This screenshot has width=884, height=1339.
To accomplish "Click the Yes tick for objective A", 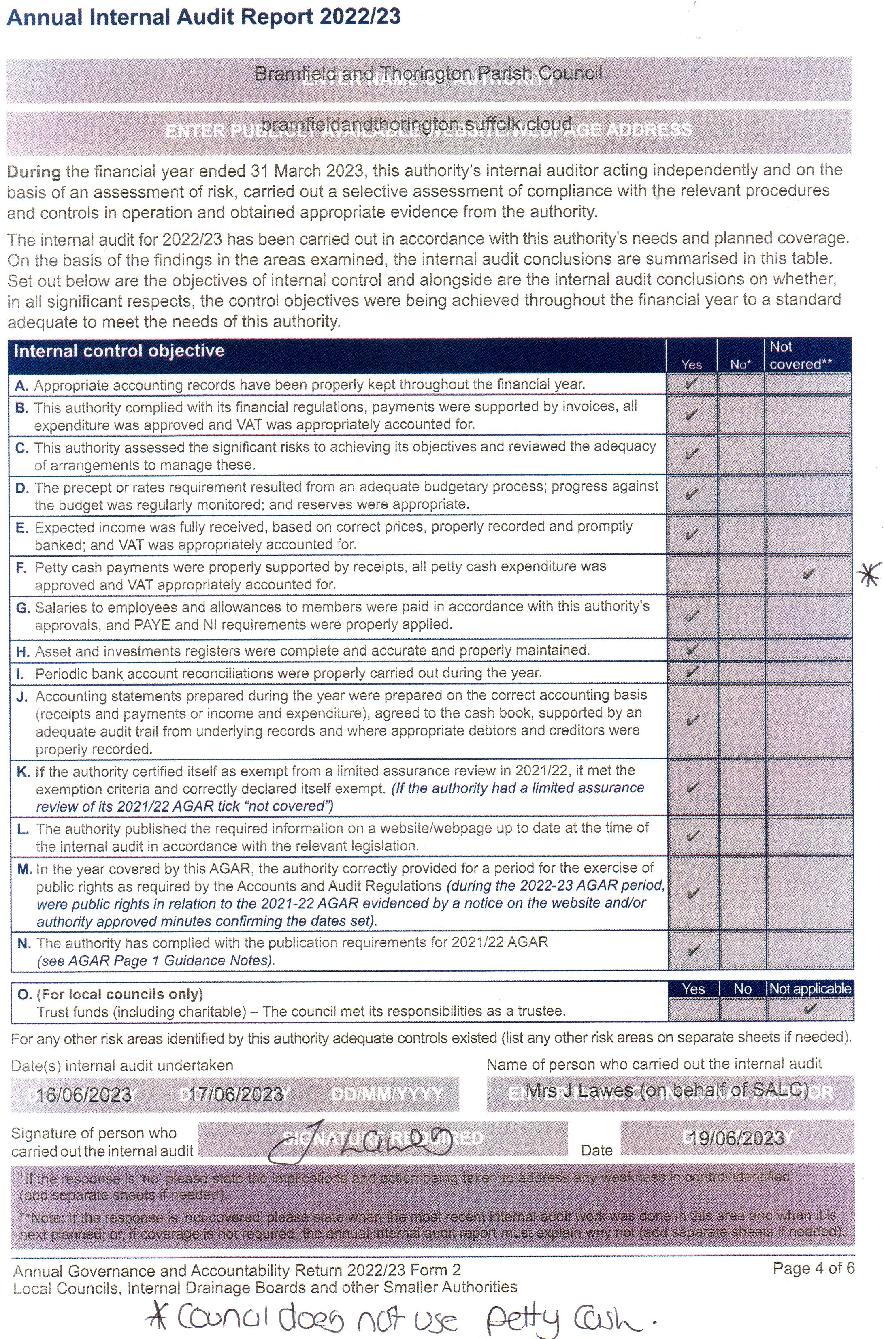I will pos(691,384).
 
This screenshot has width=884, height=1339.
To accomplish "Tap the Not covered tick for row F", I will pos(808,574).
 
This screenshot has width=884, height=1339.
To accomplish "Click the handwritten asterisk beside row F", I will pos(868,575).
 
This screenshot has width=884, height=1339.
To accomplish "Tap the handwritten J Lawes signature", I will pos(361,1142).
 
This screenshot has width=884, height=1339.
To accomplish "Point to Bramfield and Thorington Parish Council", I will pos(428,73).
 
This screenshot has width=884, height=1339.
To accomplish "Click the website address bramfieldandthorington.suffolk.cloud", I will pos(417,124).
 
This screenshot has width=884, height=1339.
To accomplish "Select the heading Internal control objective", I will pos(119,351).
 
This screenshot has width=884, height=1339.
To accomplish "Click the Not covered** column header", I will pos(801,355).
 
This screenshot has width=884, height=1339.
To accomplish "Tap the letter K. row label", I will pos(23,771).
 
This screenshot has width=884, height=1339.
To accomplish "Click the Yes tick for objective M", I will pos(693,893).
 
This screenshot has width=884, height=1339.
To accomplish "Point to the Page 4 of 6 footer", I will pos(814,1269).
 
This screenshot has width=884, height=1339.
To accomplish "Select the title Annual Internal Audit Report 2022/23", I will pos(204,17).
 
